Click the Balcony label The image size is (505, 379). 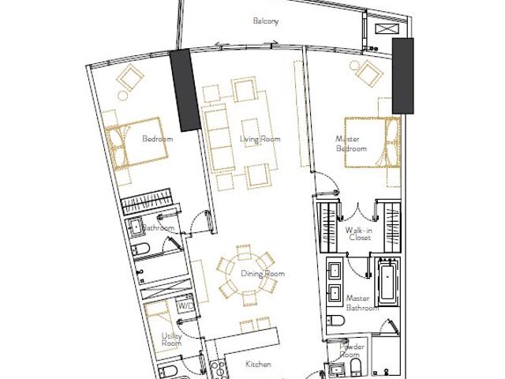[266, 21]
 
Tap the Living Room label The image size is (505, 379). [260, 139]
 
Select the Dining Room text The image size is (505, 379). [263, 274]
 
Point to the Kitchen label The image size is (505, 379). [258, 364]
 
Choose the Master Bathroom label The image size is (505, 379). [362, 303]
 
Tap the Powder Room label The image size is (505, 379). [351, 351]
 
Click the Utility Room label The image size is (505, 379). [172, 340]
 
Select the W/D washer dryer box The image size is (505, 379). [185, 306]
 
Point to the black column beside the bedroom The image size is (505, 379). [185, 90]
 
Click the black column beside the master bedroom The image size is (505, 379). [402, 76]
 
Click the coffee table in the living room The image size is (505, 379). [252, 133]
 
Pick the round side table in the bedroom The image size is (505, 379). [122, 96]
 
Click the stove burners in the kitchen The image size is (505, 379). [218, 370]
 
